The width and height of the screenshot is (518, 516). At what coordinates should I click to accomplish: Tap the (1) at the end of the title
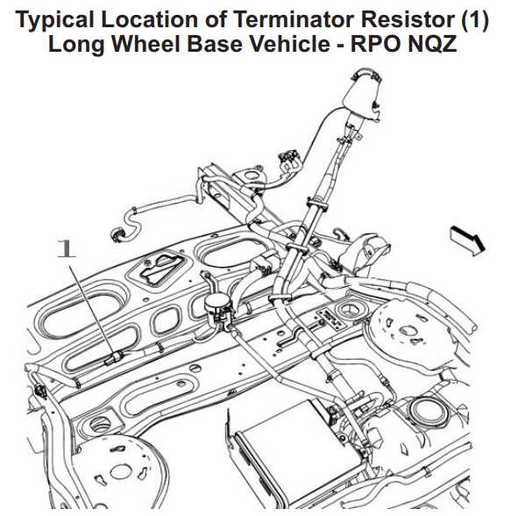(474, 20)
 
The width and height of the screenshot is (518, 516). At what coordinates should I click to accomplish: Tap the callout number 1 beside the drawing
(66, 248)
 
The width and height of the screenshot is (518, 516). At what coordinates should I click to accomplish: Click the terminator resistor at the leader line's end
(114, 358)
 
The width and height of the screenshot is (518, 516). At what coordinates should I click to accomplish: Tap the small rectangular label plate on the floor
(331, 319)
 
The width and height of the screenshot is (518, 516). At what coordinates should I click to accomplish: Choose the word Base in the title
(215, 43)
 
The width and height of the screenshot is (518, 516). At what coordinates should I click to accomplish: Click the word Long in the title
(76, 45)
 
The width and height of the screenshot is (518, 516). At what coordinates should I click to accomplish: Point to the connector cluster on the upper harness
(288, 158)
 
